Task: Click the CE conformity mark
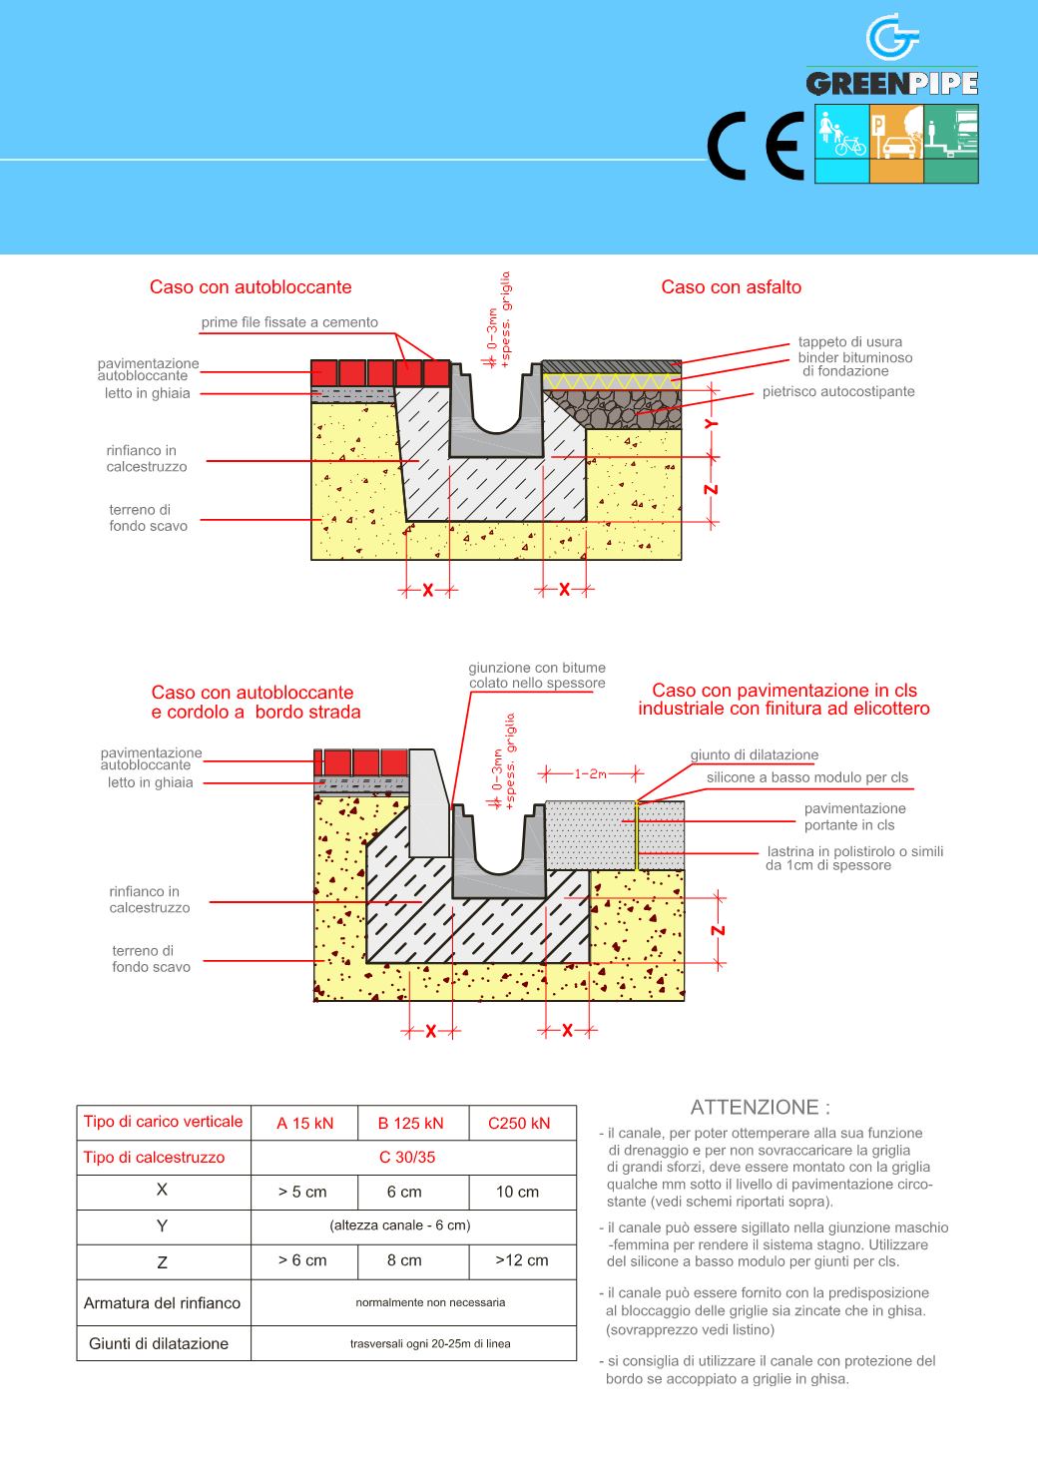(756, 146)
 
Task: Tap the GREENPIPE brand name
(891, 84)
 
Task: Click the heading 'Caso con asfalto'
(731, 287)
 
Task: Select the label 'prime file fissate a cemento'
(289, 322)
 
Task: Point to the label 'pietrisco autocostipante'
(838, 391)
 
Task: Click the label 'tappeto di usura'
(850, 342)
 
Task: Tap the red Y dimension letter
(712, 423)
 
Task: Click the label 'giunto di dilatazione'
(755, 755)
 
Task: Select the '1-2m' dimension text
(591, 773)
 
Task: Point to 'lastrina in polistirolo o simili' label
(855, 851)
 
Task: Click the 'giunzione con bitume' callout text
(537, 668)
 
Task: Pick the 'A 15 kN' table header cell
(304, 1123)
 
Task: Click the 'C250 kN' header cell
(519, 1123)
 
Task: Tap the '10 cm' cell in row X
(517, 1192)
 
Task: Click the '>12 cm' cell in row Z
(521, 1260)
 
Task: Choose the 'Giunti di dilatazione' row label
(159, 1343)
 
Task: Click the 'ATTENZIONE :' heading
(761, 1107)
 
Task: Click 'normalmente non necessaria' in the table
(430, 1302)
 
